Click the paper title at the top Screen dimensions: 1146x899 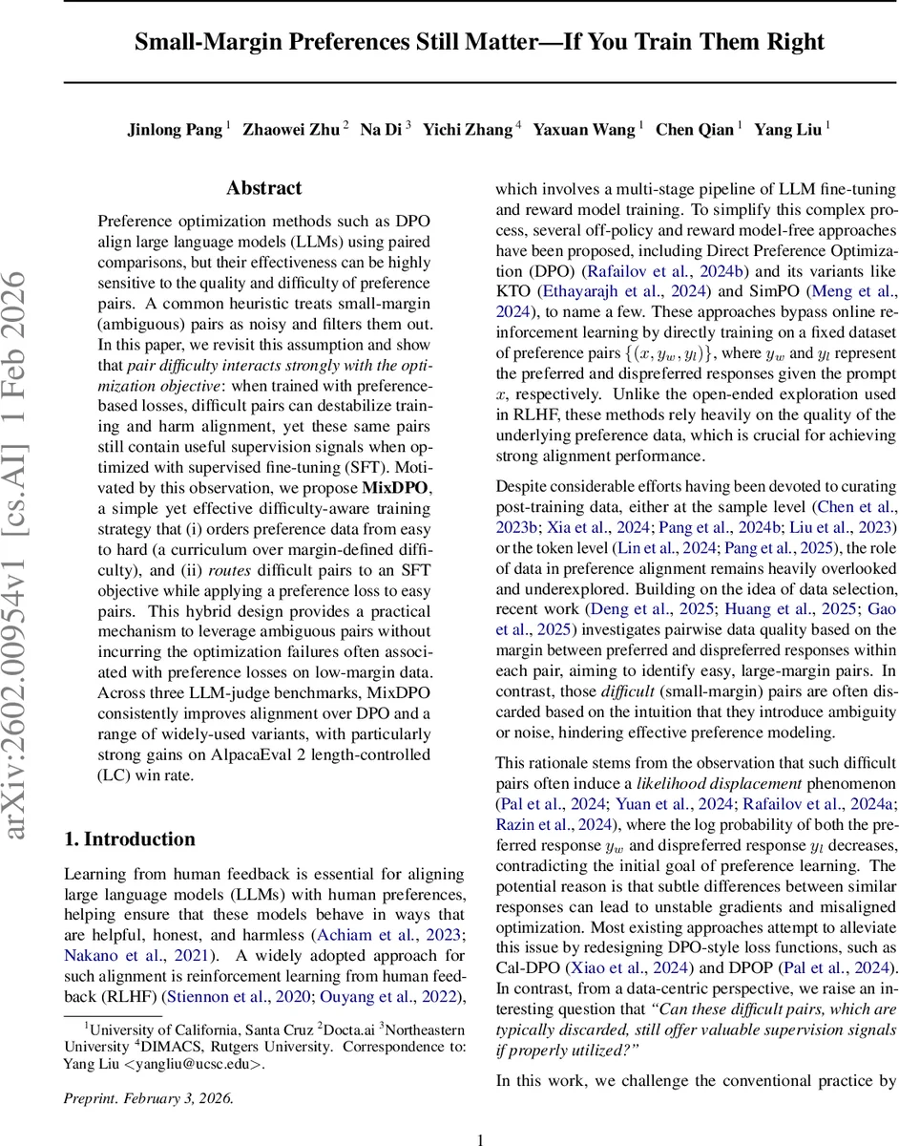click(479, 42)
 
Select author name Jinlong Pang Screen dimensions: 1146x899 click(175, 130)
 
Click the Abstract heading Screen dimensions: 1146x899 click(264, 188)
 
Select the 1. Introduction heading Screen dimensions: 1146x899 click(129, 839)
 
